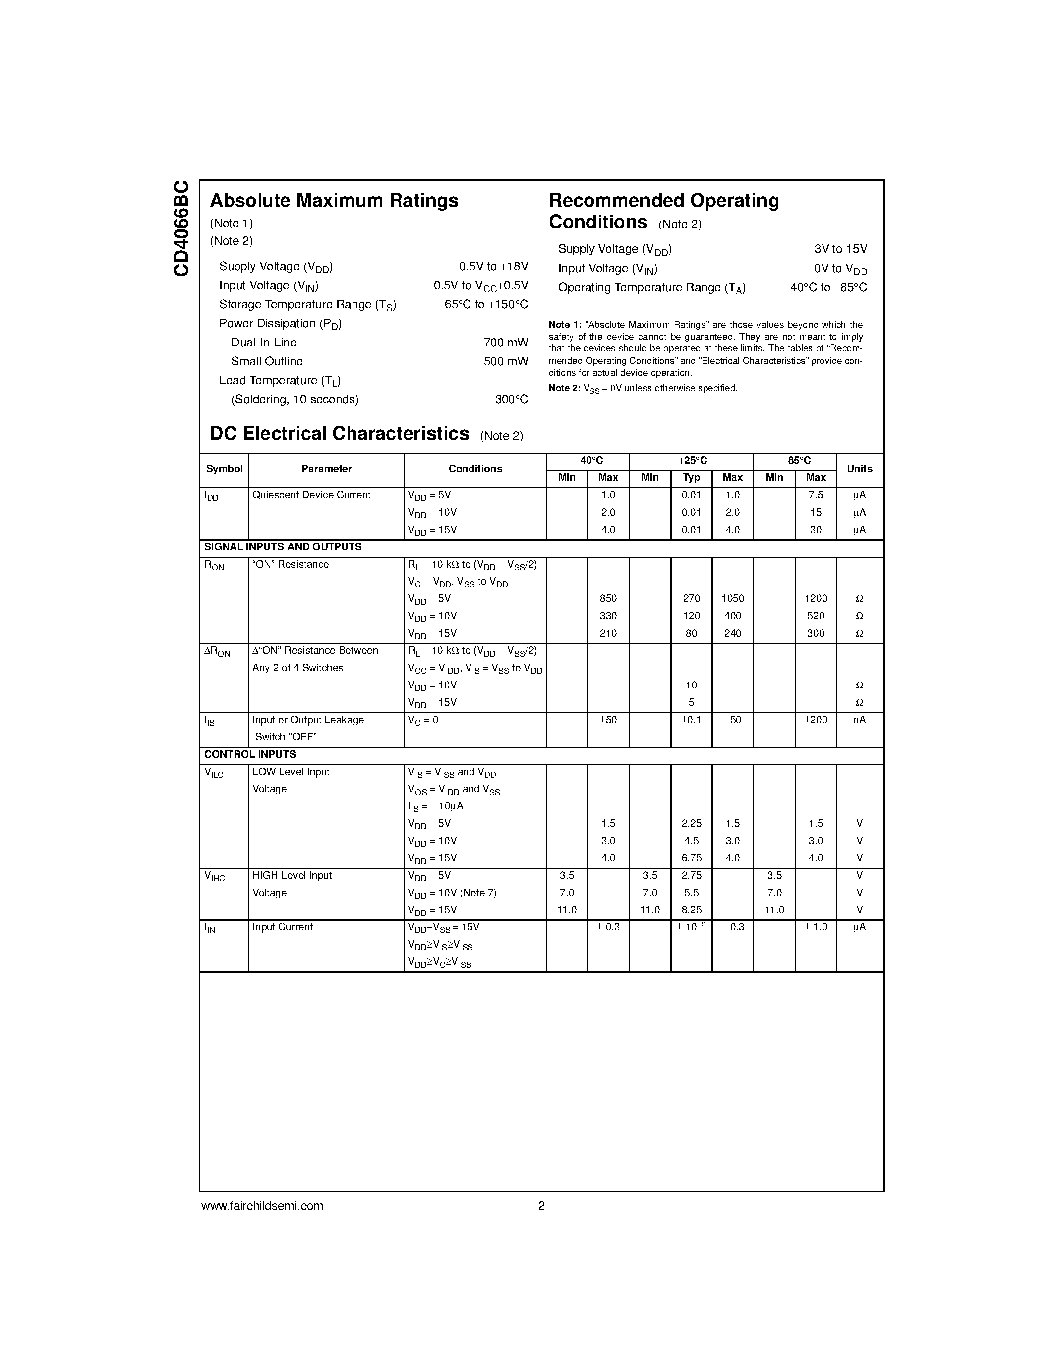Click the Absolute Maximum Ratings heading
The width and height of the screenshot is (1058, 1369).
tap(334, 201)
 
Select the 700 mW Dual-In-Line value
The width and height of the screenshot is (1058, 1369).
tap(505, 343)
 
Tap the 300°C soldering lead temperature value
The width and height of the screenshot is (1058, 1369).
tap(511, 400)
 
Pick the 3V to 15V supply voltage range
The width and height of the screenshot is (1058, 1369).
tap(840, 249)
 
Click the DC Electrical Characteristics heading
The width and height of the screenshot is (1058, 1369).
tap(339, 434)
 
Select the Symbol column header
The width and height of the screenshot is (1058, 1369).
tap(224, 469)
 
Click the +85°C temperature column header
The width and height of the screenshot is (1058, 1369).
tap(796, 460)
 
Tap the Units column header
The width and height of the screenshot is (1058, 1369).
tap(859, 469)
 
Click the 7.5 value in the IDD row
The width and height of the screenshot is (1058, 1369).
tap(816, 495)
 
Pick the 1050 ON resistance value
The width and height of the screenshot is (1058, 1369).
tap(732, 598)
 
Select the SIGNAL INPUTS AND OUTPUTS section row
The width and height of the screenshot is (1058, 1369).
tap(283, 547)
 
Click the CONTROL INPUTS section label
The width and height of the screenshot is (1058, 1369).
tap(250, 755)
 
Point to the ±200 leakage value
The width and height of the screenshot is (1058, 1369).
tap(816, 720)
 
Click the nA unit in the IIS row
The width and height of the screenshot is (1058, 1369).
tap(859, 720)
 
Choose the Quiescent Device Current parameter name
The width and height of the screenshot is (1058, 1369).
tap(311, 495)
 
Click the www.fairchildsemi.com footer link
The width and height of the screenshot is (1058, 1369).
tap(262, 1206)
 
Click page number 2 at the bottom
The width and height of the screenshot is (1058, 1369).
tap(541, 1206)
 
